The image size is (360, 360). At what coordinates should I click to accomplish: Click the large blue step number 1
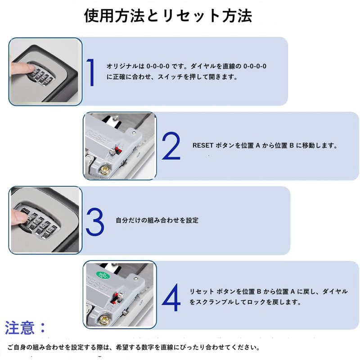[x=91, y=72]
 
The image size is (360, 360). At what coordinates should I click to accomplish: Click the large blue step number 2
[x=171, y=146]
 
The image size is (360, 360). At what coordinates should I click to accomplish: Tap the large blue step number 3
[x=95, y=221]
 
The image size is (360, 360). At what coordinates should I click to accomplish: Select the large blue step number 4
[x=171, y=297]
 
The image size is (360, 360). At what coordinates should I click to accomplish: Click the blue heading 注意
[x=20, y=328]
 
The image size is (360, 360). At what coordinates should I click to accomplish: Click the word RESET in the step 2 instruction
[x=203, y=145]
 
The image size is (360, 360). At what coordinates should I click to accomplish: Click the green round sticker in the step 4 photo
[x=103, y=275]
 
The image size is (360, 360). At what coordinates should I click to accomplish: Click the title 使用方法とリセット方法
[x=168, y=16]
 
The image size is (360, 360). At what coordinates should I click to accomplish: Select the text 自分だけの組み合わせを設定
[x=157, y=220]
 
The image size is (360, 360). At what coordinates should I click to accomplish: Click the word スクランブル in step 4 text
[x=215, y=302]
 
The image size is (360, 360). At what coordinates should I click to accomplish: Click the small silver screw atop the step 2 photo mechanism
[x=134, y=132]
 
